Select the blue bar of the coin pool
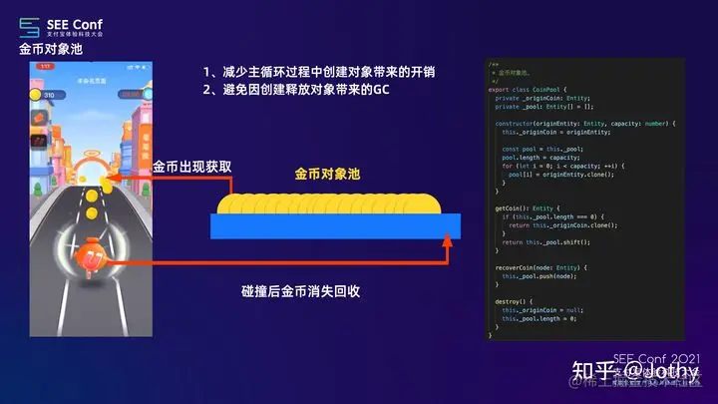(x=335, y=226)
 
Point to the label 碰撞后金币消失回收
(x=300, y=291)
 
